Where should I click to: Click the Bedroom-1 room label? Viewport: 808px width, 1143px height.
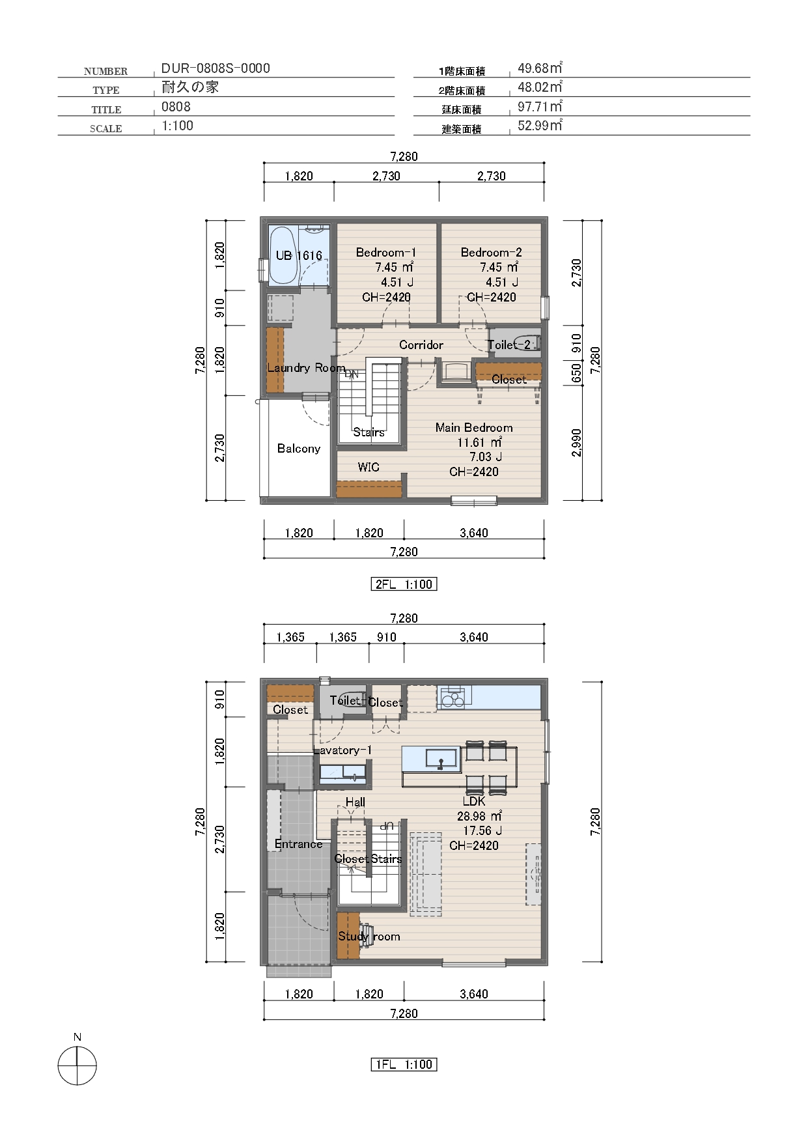pos(386,253)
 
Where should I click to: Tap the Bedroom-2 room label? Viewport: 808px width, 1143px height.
pos(492,253)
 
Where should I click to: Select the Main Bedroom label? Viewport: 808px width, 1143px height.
pos(474,428)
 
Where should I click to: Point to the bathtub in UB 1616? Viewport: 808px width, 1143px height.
pos(283,255)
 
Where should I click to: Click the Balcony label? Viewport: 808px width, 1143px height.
pos(299,449)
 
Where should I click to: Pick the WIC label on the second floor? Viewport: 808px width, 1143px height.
pos(369,467)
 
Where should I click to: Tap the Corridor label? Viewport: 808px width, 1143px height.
pos(421,345)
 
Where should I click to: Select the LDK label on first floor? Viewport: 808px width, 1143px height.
pos(474,802)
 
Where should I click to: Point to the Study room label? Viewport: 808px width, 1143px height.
pos(369,937)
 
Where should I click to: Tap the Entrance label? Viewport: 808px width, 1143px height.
pos(298,844)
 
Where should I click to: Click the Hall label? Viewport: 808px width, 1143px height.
pos(355,802)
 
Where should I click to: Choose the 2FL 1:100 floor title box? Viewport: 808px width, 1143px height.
pos(404,584)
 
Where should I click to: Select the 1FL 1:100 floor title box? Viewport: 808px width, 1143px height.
pos(404,1064)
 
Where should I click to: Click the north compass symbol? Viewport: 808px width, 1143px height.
pos(77,1065)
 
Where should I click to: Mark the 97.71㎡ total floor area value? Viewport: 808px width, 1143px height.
pos(540,106)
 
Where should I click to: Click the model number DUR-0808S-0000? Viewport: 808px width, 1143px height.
pos(216,68)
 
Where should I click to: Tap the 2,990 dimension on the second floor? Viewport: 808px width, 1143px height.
pos(576,443)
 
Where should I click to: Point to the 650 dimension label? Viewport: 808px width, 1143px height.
pos(576,373)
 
